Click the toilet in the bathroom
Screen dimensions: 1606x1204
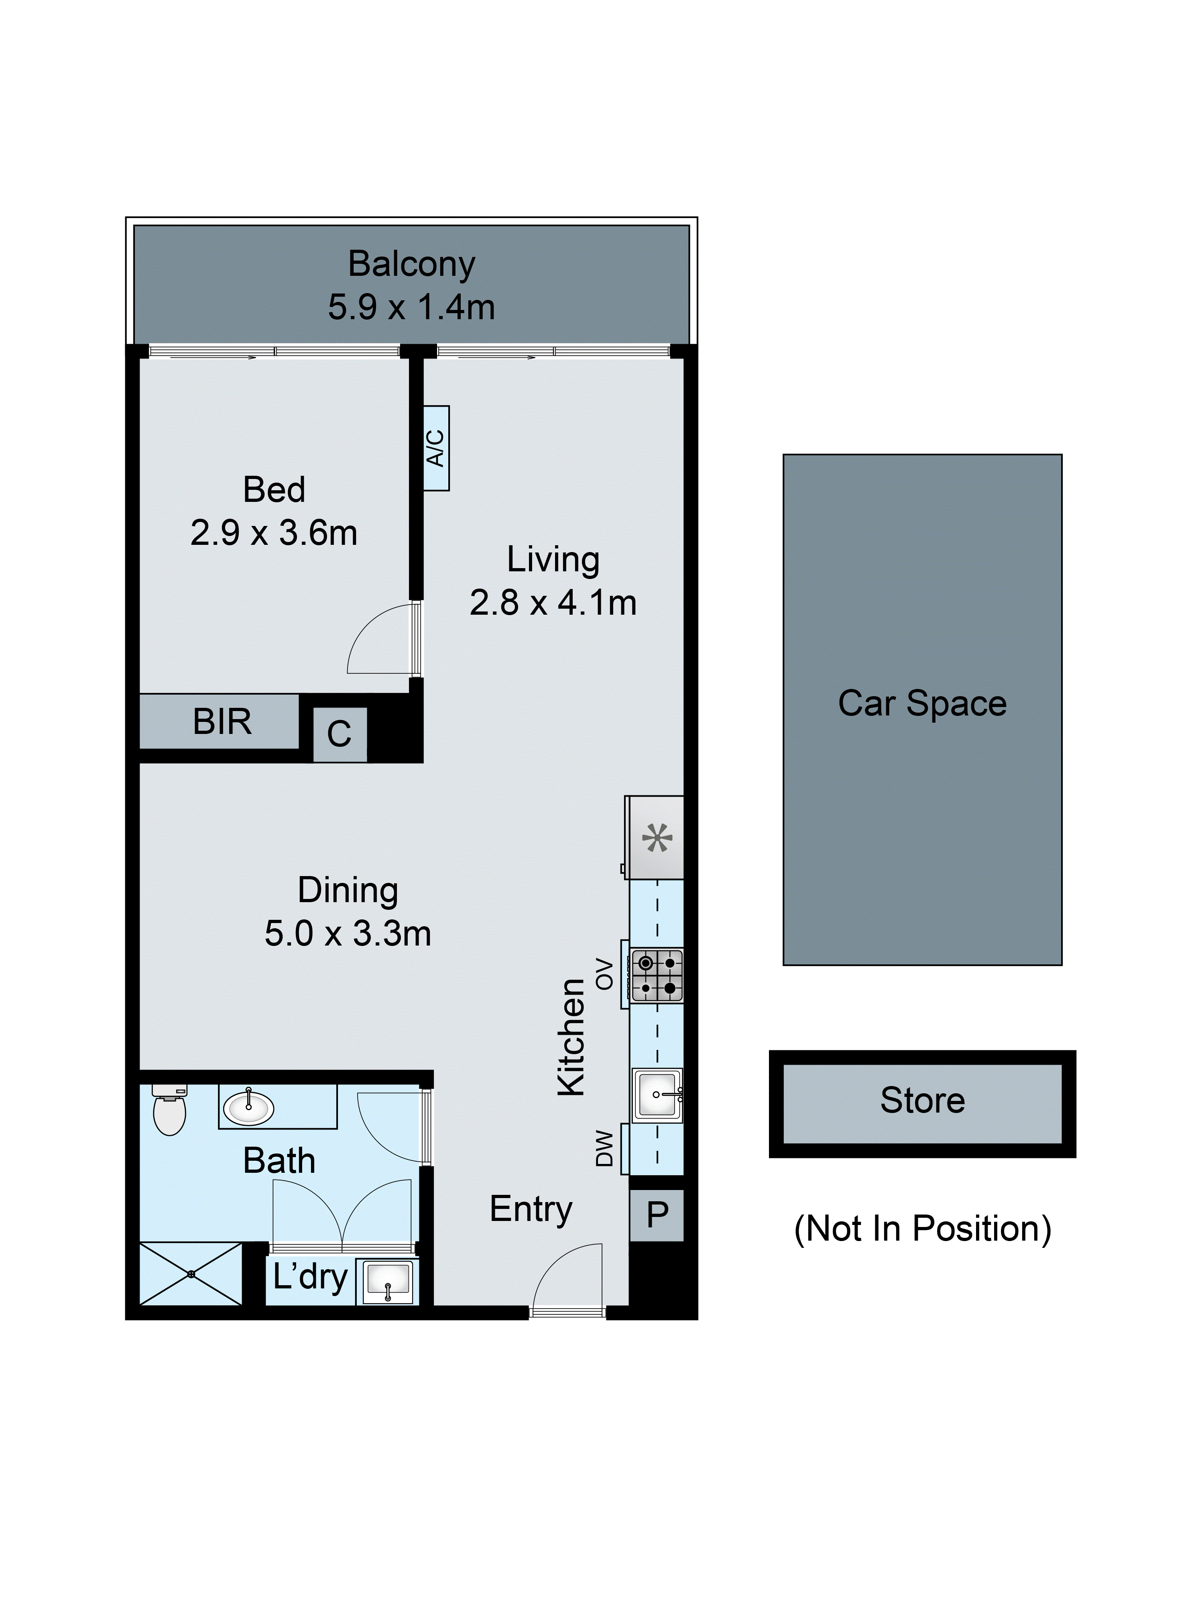click(170, 1112)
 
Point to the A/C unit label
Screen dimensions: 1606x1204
click(436, 448)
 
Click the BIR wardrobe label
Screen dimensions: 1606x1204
click(222, 721)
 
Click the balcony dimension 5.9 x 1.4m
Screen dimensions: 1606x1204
click(411, 307)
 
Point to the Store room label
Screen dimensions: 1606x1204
click(922, 1101)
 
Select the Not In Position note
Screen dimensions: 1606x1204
click(922, 1229)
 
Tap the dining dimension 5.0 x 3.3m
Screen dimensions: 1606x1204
click(348, 933)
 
